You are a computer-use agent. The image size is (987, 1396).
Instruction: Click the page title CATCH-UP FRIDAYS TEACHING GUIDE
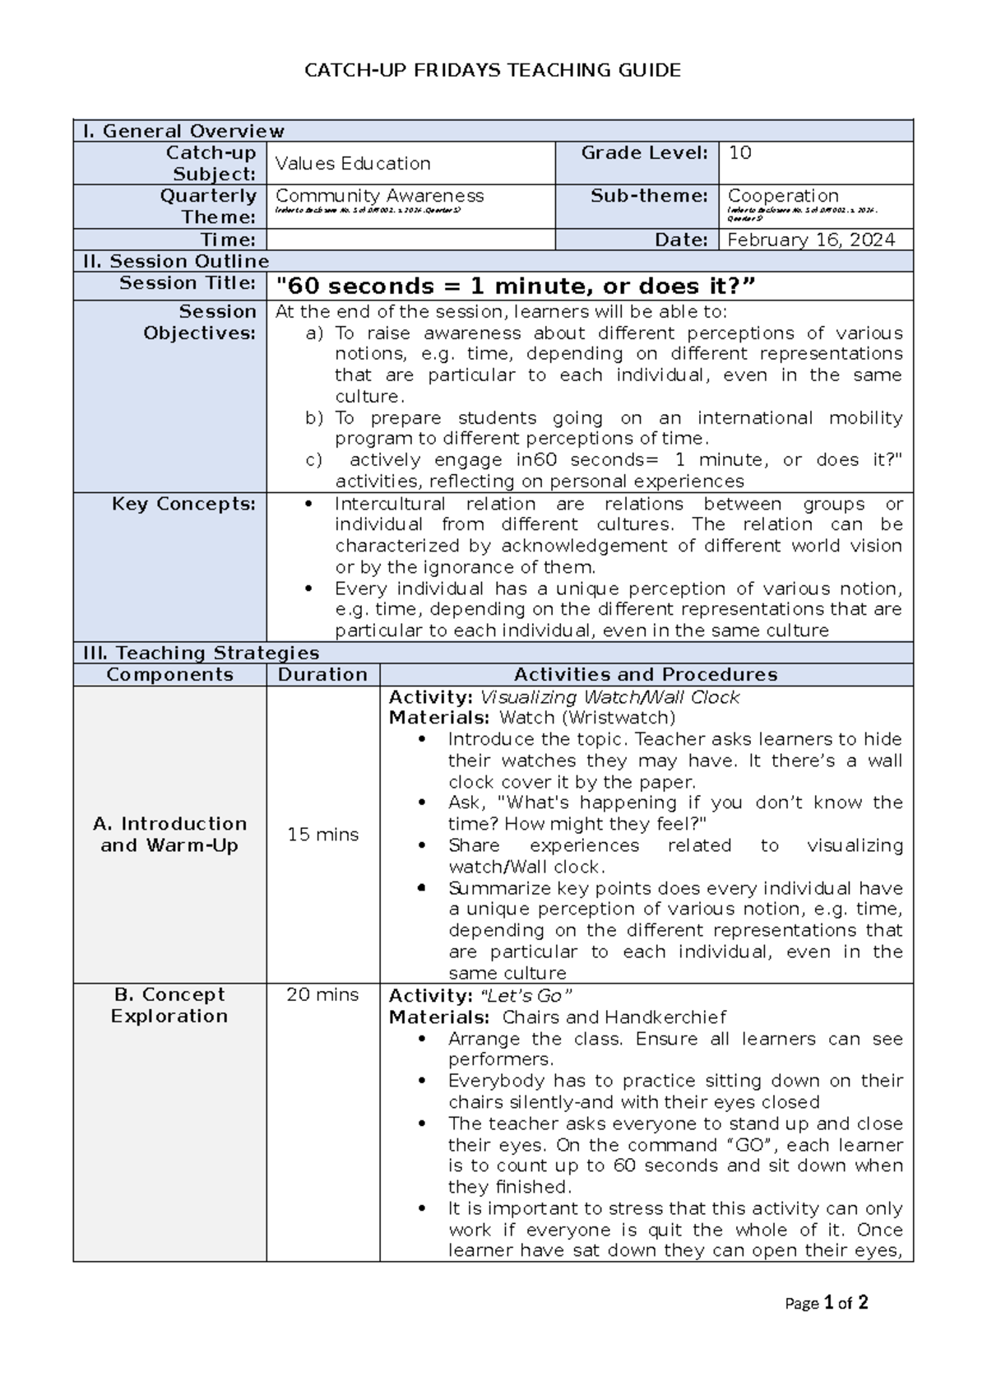click(x=493, y=71)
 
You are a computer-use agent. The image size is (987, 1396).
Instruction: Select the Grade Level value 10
click(x=740, y=153)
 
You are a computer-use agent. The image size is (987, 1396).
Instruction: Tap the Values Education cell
click(x=353, y=164)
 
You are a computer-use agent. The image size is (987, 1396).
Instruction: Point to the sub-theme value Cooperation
click(x=783, y=196)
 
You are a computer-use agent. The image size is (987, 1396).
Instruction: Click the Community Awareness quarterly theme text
click(x=379, y=196)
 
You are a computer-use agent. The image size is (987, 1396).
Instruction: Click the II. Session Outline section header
click(x=177, y=262)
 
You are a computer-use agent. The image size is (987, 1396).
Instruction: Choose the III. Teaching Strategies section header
click(x=202, y=654)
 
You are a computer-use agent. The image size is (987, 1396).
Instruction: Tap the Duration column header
click(x=322, y=675)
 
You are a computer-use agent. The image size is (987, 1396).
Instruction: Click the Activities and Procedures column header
click(x=646, y=675)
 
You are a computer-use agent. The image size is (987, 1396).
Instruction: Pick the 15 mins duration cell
click(x=322, y=835)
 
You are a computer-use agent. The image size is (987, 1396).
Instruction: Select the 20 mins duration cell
click(x=322, y=995)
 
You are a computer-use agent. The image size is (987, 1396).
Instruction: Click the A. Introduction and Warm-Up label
click(x=169, y=835)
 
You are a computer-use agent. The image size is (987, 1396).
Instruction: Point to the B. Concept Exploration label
click(x=169, y=1006)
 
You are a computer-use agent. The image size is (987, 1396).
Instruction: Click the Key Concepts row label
click(x=183, y=504)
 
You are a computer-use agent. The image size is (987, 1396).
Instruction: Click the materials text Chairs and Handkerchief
click(x=614, y=1017)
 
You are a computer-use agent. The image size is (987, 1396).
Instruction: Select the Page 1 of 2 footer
click(x=826, y=1303)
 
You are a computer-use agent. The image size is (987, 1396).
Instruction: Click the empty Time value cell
click(x=410, y=240)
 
